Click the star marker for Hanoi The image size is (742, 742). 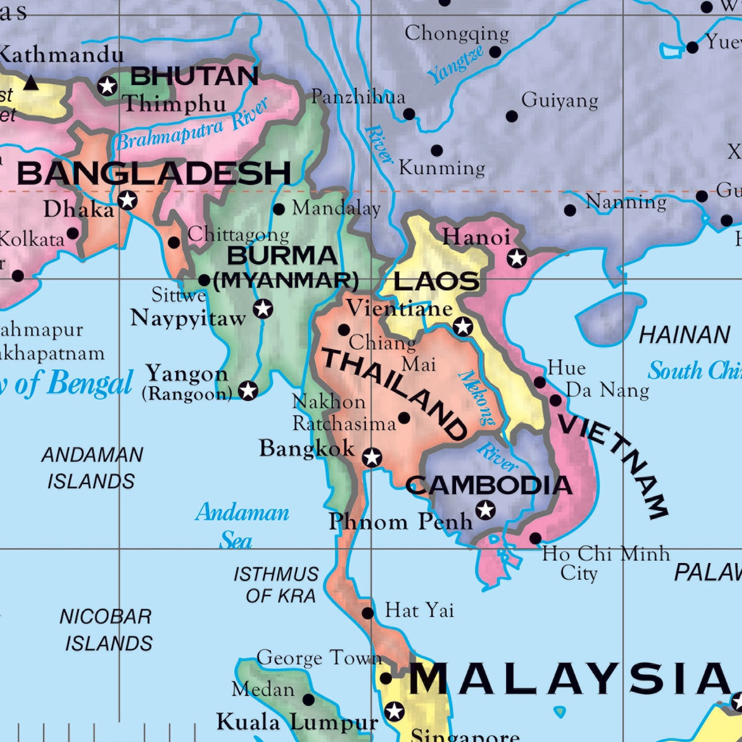pos(517,258)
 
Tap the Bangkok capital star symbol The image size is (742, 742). pos(372,457)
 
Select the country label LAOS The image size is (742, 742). pos(436,281)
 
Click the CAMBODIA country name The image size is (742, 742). pos(489,486)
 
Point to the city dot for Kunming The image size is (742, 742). pos(436,151)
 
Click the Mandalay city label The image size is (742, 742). pos(336,208)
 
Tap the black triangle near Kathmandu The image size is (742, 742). pos(31,83)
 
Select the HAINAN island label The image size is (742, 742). pos(685,335)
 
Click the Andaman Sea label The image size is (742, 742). pos(241,526)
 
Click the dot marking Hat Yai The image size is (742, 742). pos(367,613)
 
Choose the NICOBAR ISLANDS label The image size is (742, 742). pos(107,630)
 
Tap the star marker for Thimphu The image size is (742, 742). pos(108,86)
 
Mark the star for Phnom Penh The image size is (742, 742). pos(485,509)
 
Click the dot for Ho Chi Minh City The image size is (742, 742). pos(535,538)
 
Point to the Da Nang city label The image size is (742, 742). pos(607,391)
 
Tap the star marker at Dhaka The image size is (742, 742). pos(128,200)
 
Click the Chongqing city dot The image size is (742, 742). pos(495,52)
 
